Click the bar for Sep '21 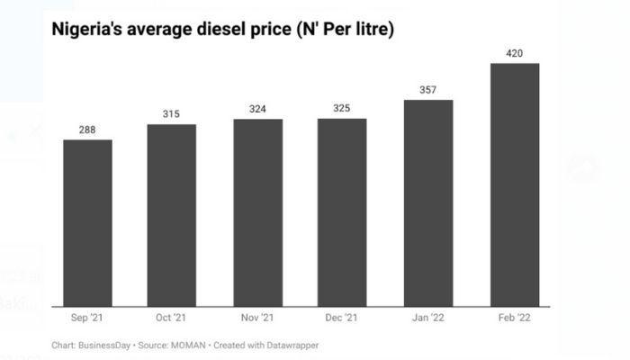(87, 223)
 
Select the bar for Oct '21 (172, 215)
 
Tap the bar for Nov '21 (257, 212)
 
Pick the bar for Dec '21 (342, 212)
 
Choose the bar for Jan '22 (428, 202)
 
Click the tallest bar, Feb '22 (514, 184)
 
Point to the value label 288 (87, 130)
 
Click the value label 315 (172, 114)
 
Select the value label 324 (257, 109)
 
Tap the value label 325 (342, 109)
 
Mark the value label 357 (428, 90)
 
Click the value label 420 (514, 53)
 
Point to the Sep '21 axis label (87, 319)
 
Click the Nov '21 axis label (257, 319)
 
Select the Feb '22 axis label (514, 319)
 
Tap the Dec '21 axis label (342, 319)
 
